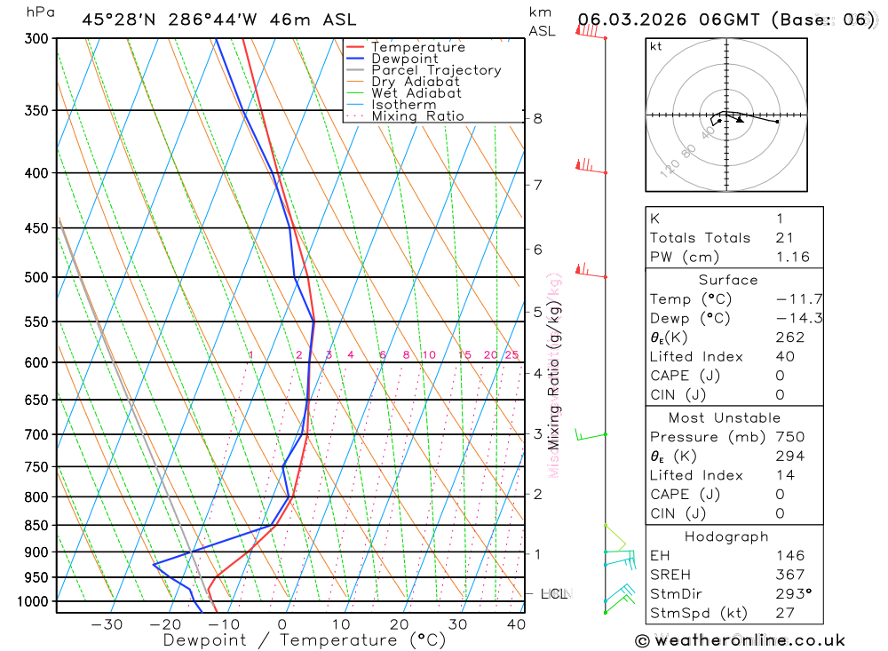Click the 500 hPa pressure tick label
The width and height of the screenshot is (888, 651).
coord(36,277)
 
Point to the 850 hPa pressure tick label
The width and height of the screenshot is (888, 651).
coord(36,526)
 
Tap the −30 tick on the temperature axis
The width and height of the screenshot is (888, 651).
coord(107,623)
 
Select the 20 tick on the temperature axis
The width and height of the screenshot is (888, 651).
coord(400,623)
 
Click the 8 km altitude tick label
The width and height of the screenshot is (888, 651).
coord(538,119)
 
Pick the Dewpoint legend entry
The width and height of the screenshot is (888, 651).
coord(405,59)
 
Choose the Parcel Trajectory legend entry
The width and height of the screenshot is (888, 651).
coord(436,70)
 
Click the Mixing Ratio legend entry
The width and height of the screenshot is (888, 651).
coord(417,116)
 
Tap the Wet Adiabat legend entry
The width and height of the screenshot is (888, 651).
coord(416,93)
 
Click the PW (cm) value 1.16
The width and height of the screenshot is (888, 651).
coord(792,257)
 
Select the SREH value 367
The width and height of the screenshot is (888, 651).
coord(789,575)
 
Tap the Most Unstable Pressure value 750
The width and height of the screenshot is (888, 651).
coord(789,437)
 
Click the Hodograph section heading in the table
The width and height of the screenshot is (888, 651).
coord(726,536)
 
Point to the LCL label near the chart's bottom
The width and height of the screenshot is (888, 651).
coord(554,593)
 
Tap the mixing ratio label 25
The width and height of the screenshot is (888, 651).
coord(511,355)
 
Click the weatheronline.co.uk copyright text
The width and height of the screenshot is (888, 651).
coord(740,640)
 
